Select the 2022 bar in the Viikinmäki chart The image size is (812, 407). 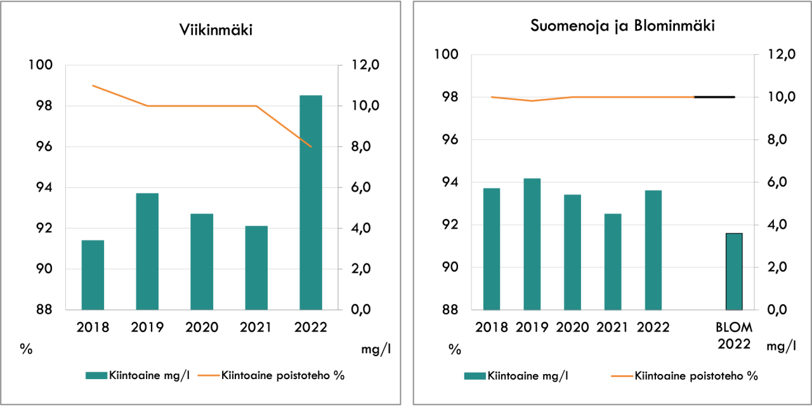click(311, 203)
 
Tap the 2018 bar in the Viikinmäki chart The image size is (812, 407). click(93, 275)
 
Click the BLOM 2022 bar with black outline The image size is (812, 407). click(734, 272)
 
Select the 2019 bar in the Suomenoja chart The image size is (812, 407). click(532, 244)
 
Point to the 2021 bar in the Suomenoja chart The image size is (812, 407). click(613, 262)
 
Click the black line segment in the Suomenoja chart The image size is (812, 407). click(715, 97)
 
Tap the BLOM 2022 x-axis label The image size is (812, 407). click(734, 336)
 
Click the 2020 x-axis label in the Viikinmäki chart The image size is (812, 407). click(202, 328)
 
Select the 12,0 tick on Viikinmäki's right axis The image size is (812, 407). click(365, 65)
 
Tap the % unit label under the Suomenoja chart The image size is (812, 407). click(455, 349)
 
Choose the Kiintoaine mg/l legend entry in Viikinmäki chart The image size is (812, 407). click(138, 375)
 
